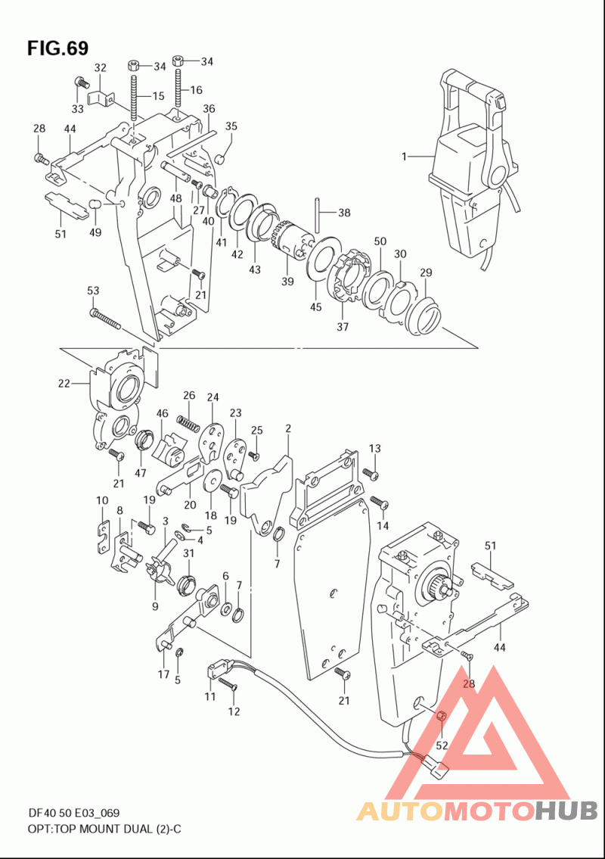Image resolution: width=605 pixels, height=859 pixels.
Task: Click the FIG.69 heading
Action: pyautogui.click(x=57, y=48)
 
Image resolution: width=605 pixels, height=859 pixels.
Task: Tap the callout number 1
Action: pyautogui.click(x=404, y=157)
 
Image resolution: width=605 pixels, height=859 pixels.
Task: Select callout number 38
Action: pyautogui.click(x=344, y=213)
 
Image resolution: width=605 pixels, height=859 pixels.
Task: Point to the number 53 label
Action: pyautogui.click(x=93, y=291)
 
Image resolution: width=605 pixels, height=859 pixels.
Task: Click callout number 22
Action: pyautogui.click(x=64, y=384)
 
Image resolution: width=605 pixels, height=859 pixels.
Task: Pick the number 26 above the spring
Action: pyautogui.click(x=189, y=396)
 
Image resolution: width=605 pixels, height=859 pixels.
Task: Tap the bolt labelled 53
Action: pyautogui.click(x=104, y=319)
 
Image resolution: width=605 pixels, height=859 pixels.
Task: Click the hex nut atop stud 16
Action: pyautogui.click(x=178, y=60)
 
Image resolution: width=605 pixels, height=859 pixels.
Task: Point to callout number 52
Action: pyautogui.click(x=442, y=745)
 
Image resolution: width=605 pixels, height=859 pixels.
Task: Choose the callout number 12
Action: pyautogui.click(x=234, y=711)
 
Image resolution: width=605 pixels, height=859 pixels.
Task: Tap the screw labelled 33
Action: pyautogui.click(x=81, y=83)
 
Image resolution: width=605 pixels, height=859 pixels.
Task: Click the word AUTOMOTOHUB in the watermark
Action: pyautogui.click(x=477, y=811)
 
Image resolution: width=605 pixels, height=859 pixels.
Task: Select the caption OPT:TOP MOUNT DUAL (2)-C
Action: pyautogui.click(x=104, y=829)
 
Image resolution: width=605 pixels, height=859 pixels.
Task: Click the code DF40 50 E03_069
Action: pyautogui.click(x=74, y=813)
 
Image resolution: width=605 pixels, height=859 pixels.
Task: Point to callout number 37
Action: pyautogui.click(x=342, y=327)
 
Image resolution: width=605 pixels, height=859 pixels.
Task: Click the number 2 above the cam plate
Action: pyautogui.click(x=288, y=428)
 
